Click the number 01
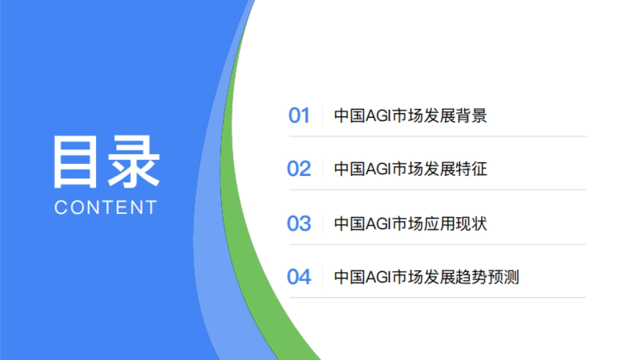pyautogui.click(x=299, y=116)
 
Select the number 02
pyautogui.click(x=299, y=169)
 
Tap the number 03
pyautogui.click(x=299, y=223)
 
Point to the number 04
pyautogui.click(x=299, y=277)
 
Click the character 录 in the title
pyautogui.click(x=133, y=163)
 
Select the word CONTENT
pyautogui.click(x=106, y=207)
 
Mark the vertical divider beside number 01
pyautogui.click(x=322, y=116)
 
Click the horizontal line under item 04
pyautogui.click(x=437, y=298)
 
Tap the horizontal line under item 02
pyautogui.click(x=437, y=189)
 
